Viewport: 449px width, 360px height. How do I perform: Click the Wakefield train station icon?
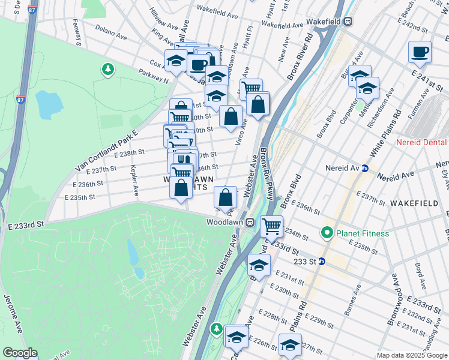348,22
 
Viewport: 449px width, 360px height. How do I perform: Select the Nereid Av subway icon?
364,168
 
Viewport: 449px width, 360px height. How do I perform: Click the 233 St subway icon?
321,262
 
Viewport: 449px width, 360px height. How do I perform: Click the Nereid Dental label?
421,142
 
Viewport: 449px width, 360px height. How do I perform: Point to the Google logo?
20,353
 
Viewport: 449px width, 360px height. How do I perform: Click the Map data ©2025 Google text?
412,355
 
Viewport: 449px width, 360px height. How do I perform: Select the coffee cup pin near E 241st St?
420,52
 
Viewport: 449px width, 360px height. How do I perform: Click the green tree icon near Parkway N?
108,70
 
